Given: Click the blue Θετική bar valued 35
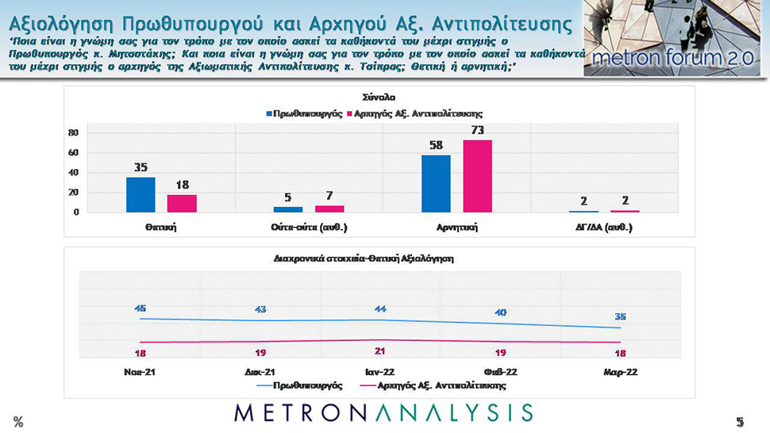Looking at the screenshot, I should coord(141,194).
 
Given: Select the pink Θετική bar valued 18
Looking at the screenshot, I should coord(182,203).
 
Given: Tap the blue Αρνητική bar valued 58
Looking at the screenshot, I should coord(436,183).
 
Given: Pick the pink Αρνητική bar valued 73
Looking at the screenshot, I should coord(477,176).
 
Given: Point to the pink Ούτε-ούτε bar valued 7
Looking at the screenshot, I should coord(329,209).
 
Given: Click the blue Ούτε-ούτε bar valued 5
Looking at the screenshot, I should coord(288,209).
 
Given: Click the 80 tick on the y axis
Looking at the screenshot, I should coord(72,132).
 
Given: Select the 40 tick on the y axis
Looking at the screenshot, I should coord(72,172).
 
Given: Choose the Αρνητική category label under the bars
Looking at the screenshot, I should coord(456,228).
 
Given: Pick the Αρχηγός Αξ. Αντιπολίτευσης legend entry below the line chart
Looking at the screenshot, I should coord(437,385).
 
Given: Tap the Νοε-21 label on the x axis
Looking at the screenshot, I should coord(140,370).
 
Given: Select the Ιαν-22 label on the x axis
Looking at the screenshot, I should coord(379,370).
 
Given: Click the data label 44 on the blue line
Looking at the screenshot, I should coord(379,308).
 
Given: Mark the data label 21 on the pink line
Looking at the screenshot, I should coord(379,351).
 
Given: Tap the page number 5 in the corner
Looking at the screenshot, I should coord(739,421).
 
